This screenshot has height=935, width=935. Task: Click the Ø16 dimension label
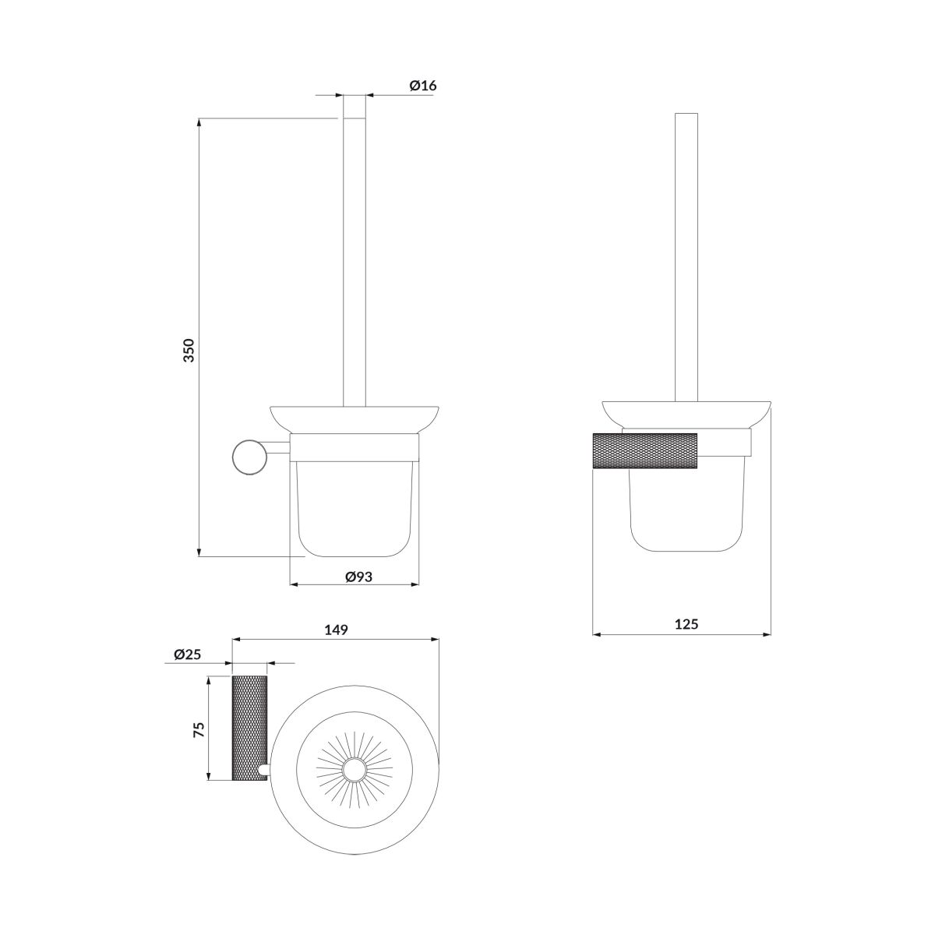coord(422,86)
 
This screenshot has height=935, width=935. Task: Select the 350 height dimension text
coord(189,351)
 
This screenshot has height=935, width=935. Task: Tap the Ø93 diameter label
coord(358,577)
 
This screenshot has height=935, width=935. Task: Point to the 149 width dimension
coord(337,630)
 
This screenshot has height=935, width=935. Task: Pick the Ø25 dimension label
coord(187,654)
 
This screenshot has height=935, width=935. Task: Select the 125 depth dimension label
coord(686,623)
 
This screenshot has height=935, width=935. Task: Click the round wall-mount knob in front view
coord(249,456)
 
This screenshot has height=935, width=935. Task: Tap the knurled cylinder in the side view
coord(645,450)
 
